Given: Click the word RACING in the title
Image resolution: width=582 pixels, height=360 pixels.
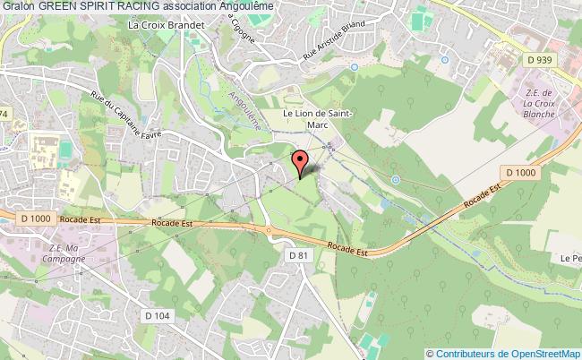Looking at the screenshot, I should (x=140, y=6).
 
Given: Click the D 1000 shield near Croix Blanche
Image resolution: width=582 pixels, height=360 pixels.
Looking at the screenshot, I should (x=519, y=172).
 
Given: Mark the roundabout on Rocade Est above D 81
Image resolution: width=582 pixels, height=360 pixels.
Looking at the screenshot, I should (x=268, y=228).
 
